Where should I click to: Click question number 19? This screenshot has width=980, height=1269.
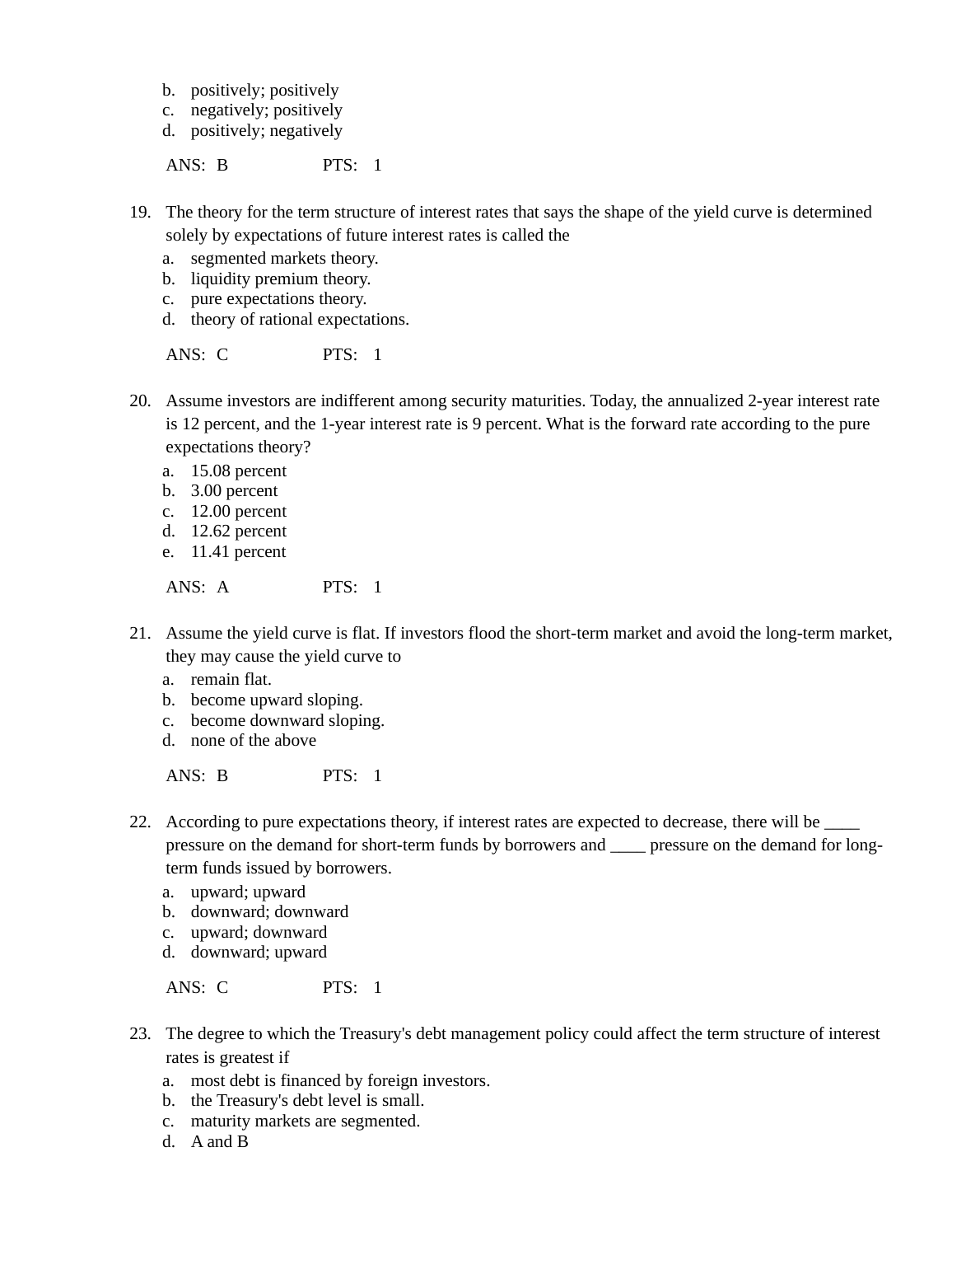[139, 213]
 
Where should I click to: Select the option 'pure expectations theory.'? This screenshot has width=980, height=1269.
[278, 299]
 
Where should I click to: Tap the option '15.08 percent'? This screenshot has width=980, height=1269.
[238, 471]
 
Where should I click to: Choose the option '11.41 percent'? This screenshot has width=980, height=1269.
[238, 551]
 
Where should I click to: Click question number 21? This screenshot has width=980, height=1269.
[139, 634]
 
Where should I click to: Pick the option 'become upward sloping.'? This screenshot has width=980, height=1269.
[276, 700]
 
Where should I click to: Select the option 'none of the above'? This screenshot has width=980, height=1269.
[253, 740]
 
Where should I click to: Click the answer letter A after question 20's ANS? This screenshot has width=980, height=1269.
[222, 587]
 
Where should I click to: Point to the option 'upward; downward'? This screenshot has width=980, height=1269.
[258, 932]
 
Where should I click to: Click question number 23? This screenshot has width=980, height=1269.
[139, 1034]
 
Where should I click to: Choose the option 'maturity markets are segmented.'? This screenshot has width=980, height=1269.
[305, 1121]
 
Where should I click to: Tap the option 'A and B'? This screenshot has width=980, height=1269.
[219, 1141]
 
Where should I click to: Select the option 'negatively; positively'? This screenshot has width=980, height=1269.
[266, 110]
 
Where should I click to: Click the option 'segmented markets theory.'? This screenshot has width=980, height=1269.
[284, 258]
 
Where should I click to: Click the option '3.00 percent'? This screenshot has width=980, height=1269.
[234, 490]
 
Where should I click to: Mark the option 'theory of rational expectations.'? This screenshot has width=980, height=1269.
[299, 319]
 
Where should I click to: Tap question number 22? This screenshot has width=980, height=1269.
[139, 822]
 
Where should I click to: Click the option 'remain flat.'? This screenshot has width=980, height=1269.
[231, 679]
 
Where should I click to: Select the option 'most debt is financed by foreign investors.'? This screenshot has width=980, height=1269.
[339, 1080]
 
